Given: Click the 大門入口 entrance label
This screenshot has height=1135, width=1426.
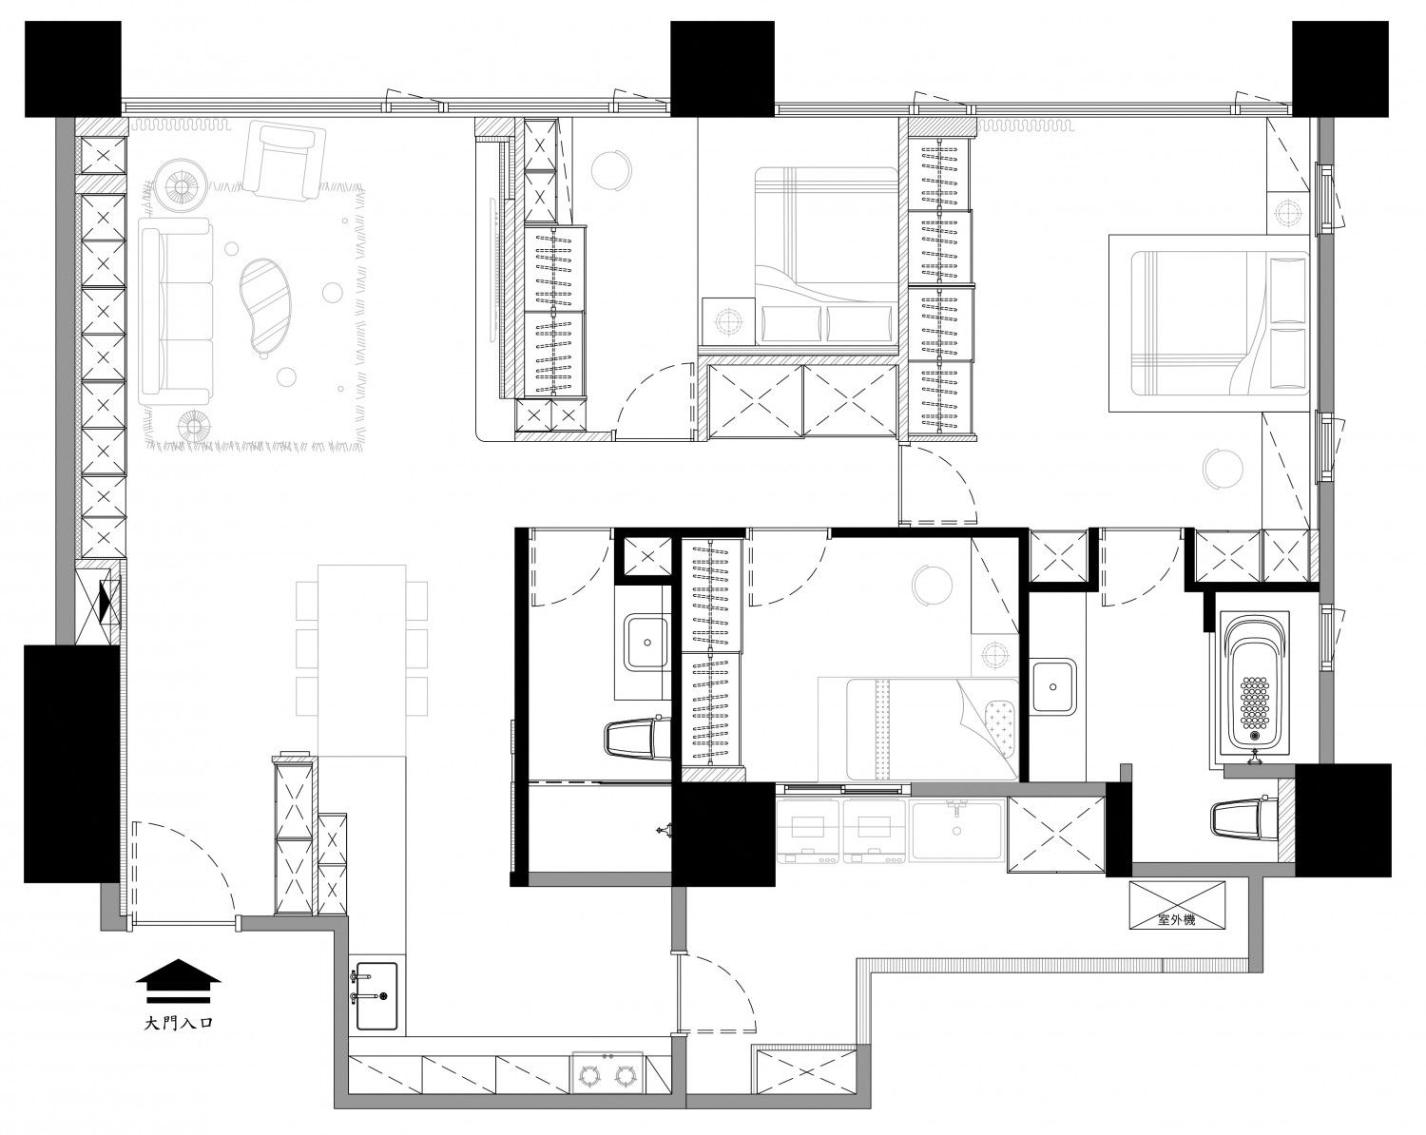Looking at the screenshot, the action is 179,1023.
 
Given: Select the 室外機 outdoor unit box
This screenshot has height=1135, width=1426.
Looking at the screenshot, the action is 1176,905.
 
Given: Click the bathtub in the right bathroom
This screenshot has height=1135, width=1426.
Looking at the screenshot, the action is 1254,688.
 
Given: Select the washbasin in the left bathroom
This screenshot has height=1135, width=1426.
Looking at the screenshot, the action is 646,642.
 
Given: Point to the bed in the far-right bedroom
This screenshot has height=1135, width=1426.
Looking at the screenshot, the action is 1210,322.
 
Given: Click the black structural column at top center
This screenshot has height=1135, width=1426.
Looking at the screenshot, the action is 723,68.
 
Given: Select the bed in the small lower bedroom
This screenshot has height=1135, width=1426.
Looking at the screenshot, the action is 918,729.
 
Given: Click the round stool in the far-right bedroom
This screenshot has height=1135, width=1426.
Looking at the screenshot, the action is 1224,470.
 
